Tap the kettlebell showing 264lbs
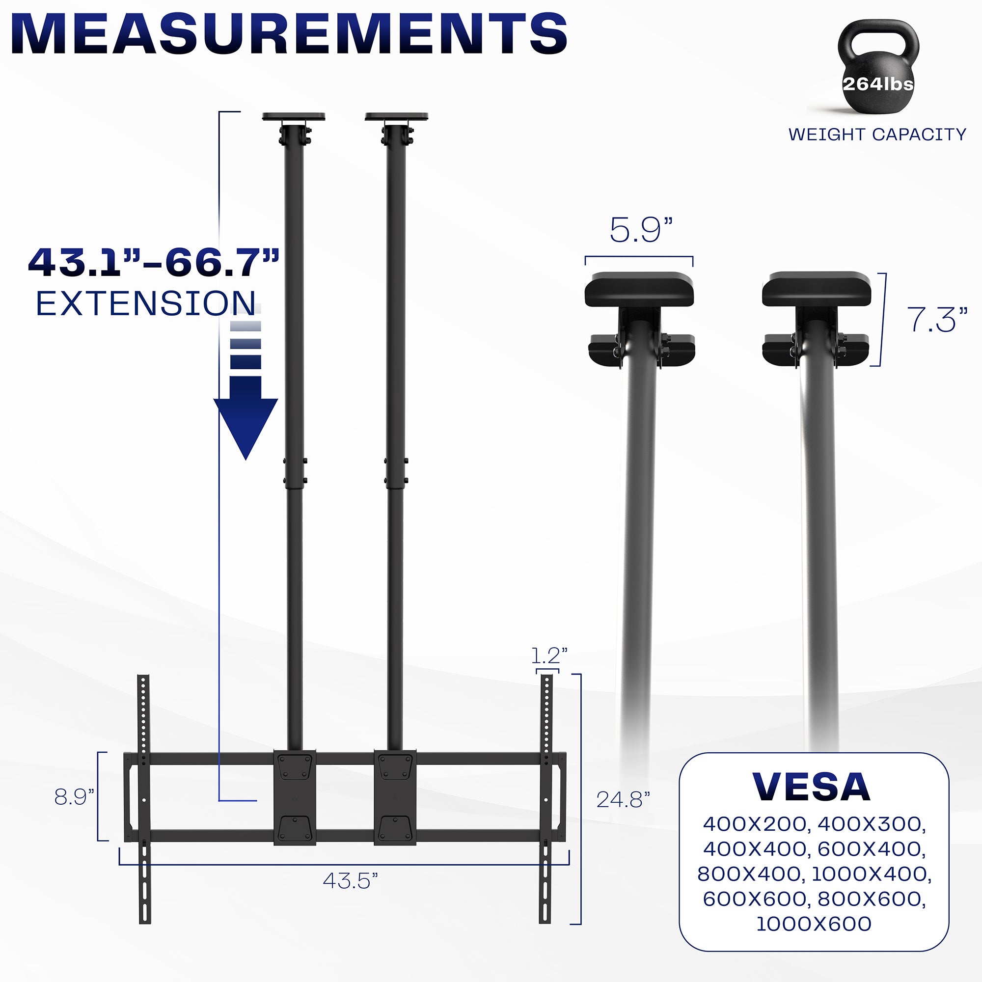878,71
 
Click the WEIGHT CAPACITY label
877,135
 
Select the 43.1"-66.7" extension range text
154,263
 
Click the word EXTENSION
146,303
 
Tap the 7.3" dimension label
937,320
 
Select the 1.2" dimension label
549,655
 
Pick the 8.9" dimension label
74,797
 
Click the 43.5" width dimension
351,881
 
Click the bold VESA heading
811,788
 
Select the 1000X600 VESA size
814,924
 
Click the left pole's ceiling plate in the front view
294,117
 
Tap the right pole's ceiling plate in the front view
396,117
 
